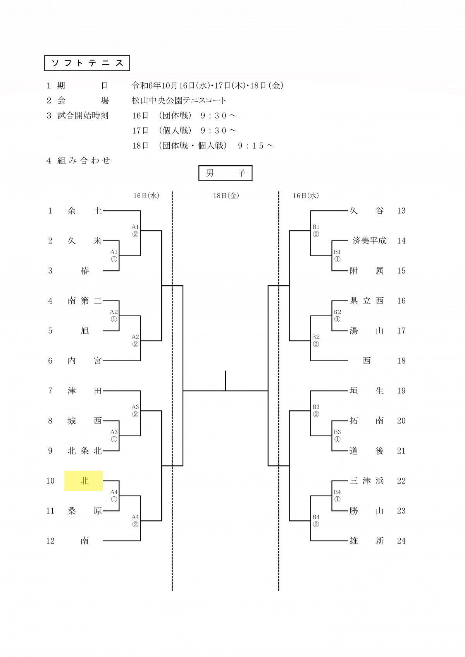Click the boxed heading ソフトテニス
[87, 63]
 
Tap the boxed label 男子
[226, 173]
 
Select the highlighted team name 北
[84, 481]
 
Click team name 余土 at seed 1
[84, 211]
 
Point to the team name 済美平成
[369, 241]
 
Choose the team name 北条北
[84, 451]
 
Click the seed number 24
[401, 541]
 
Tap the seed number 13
[401, 211]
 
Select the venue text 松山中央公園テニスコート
[179, 101]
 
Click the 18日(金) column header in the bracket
[226, 196]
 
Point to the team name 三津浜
[367, 481]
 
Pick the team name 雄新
[367, 541]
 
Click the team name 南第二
[84, 301]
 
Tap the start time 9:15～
[256, 146]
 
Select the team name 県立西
[367, 301]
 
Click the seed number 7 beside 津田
[50, 391]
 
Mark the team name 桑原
[84, 511]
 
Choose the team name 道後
[367, 451]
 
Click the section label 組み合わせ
[84, 161]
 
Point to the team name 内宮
[84, 361]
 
